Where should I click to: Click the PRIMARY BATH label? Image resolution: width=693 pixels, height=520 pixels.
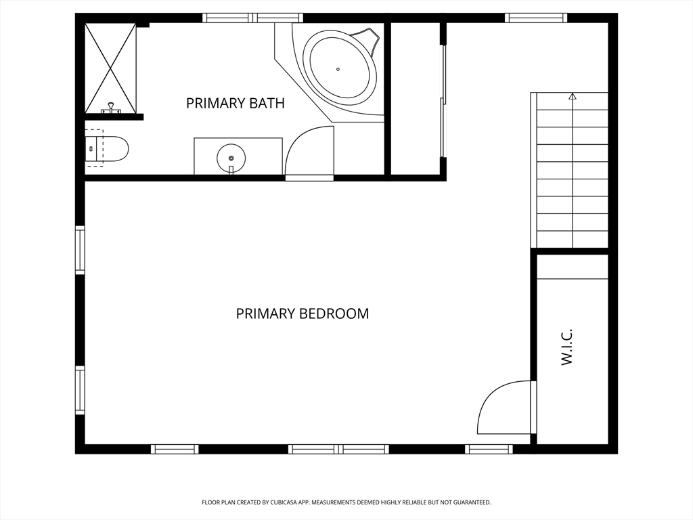tap(235, 103)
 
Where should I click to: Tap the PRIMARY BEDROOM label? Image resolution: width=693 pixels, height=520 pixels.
tap(302, 313)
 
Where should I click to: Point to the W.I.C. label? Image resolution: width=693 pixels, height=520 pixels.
tap(567, 347)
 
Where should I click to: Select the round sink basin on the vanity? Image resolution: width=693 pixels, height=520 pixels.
tap(231, 158)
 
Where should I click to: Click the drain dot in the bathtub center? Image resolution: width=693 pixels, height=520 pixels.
tap(338, 69)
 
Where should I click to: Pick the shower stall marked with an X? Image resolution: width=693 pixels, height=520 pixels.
tap(110, 68)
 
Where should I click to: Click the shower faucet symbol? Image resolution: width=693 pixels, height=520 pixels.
tap(110, 108)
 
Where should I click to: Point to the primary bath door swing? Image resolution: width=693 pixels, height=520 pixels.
tap(310, 152)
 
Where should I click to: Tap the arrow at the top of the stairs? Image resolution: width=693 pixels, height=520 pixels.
tap(573, 96)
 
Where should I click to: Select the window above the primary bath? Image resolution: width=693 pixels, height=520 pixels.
tap(252, 18)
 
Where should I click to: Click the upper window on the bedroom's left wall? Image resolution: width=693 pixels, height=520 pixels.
tap(80, 250)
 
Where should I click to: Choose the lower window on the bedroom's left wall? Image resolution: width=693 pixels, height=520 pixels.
tap(80, 390)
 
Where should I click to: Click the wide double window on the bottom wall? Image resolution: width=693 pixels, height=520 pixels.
tap(338, 449)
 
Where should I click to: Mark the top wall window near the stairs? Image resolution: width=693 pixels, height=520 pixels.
tap(536, 18)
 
